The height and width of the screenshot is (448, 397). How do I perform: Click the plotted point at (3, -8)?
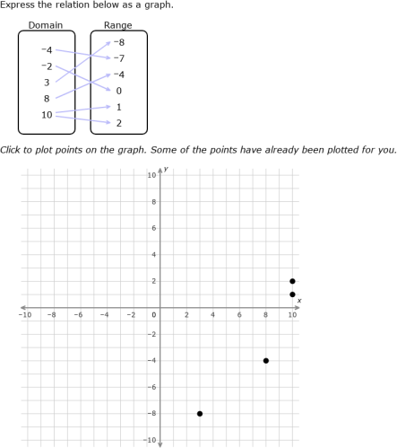pos(200,414)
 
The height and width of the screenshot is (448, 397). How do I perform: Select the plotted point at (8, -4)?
pos(266,361)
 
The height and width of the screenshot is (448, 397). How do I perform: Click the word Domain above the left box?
pos(46,25)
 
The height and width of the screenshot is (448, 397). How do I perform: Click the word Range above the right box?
pos(117,25)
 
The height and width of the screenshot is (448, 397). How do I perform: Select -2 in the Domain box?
pos(47,66)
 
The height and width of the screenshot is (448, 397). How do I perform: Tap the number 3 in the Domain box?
pos(47,82)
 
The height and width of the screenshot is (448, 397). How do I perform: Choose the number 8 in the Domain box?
pos(47,99)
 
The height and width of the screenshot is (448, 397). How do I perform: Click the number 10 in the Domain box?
pos(47,115)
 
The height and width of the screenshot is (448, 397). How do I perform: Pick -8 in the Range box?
pos(118,41)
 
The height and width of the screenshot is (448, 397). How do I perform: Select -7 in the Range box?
pos(118,58)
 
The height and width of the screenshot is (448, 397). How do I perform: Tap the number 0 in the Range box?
pos(118,91)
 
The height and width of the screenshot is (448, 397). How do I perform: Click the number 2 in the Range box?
pos(118,123)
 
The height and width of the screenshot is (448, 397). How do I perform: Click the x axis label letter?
pos(299,300)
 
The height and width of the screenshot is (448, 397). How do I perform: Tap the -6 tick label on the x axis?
pos(78,315)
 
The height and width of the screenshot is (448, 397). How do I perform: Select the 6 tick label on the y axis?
pos(153,229)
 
